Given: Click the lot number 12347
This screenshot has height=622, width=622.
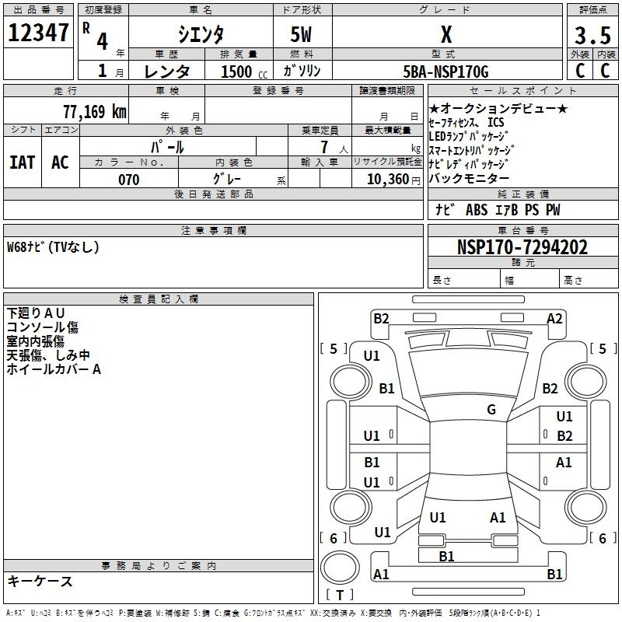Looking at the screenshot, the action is click(38, 33).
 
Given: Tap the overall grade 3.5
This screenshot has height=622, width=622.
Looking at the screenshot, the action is click(592, 35).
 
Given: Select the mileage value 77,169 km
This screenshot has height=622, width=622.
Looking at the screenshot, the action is click(95, 111).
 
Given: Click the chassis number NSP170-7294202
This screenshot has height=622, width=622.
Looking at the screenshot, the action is click(522, 247).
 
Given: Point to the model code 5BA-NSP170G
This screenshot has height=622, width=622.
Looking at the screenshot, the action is click(446, 72).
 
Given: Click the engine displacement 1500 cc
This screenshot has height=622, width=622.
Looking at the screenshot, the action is click(244, 72).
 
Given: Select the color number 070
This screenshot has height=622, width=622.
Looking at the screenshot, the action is click(129, 180).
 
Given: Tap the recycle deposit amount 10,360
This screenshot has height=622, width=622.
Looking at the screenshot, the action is click(388, 180).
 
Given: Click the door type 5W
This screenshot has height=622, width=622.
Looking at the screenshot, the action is click(301, 34).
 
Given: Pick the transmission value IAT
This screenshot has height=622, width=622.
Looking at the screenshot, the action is click(23, 162).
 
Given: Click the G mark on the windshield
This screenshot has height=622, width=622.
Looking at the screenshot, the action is click(491, 409).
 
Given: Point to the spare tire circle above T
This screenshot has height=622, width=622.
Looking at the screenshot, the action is click(340, 568).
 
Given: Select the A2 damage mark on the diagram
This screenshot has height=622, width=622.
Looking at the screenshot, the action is click(554, 319).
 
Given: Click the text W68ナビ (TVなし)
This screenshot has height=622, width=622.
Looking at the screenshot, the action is click(53, 247).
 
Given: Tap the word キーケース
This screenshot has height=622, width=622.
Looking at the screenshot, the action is click(40, 581).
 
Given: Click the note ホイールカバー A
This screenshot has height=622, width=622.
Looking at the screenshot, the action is click(54, 369).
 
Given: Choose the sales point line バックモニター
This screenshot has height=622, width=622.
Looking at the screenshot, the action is click(469, 179).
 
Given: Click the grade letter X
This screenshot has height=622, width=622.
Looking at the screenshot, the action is click(446, 34).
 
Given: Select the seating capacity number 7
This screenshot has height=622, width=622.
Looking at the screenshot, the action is click(324, 147).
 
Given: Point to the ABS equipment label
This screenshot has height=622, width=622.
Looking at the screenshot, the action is click(477, 210).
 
